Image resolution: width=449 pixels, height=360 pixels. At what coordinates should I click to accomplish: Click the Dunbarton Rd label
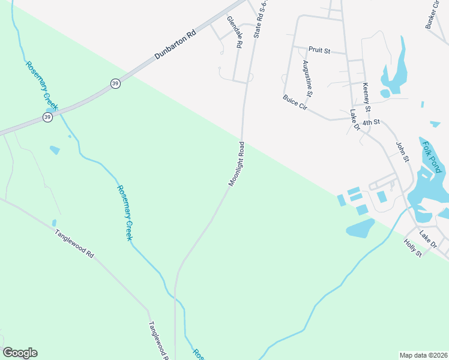pyautogui.click(x=175, y=44)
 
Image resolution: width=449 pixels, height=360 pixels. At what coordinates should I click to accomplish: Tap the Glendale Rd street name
pyautogui.click(x=234, y=32)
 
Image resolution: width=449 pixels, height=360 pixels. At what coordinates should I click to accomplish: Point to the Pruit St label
pyautogui.click(x=319, y=50)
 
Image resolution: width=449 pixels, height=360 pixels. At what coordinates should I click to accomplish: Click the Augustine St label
pyautogui.click(x=307, y=78)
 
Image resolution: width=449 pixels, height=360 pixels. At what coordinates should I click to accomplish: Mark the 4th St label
pyautogui.click(x=372, y=122)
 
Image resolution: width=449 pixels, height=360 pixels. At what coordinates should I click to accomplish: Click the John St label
pyautogui.click(x=402, y=151)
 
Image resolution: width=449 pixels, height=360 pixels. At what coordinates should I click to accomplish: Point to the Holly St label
pyautogui.click(x=414, y=248)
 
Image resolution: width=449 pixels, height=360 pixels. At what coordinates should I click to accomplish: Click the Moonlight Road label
pyautogui.click(x=236, y=164)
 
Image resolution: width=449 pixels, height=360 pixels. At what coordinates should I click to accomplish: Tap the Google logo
pyautogui.click(x=20, y=353)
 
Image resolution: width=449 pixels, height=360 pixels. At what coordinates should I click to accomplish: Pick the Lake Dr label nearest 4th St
pyautogui.click(x=354, y=120)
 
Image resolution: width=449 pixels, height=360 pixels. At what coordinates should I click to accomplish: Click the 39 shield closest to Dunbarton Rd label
pyautogui.click(x=115, y=84)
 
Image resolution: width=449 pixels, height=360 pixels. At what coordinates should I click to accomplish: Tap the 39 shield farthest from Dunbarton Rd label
pyautogui.click(x=47, y=116)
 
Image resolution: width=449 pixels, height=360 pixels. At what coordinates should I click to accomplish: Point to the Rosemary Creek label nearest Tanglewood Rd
pyautogui.click(x=124, y=213)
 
